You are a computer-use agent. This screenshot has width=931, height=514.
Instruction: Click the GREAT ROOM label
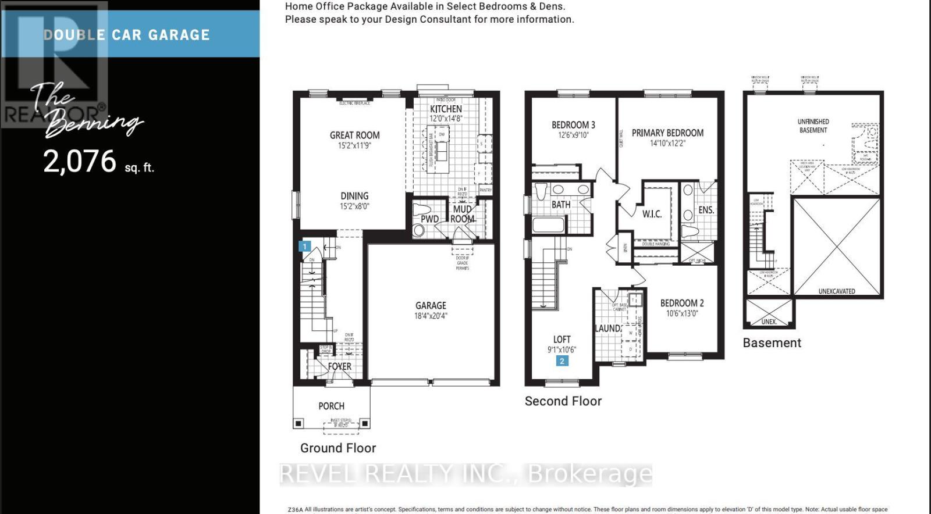coord(354,135)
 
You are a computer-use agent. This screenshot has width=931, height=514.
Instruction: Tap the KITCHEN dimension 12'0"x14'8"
coord(446,119)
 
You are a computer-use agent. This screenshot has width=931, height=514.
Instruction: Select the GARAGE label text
coord(431,305)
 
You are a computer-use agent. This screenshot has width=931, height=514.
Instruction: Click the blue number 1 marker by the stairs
coord(304,246)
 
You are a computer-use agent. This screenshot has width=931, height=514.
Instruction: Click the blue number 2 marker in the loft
coord(562,361)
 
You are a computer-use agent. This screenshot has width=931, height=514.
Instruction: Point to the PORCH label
coord(331,406)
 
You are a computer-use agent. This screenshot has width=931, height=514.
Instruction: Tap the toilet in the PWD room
coord(419,230)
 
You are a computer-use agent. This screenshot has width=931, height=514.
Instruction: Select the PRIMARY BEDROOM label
coord(667,133)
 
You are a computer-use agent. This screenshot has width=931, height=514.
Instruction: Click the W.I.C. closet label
coord(652,214)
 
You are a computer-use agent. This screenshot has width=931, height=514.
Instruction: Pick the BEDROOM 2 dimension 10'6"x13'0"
coord(682,313)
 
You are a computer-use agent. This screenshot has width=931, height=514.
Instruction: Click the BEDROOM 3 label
coord(573,124)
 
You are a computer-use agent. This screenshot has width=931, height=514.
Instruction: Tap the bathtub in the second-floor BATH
coord(548,224)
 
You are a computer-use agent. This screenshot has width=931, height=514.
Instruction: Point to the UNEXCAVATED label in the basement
coord(836,291)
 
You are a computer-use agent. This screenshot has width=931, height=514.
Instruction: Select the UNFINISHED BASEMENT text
coord(813,126)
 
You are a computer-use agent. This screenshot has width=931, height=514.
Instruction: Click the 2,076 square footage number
coord(80,161)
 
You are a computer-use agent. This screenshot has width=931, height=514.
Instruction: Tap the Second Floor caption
coord(563,401)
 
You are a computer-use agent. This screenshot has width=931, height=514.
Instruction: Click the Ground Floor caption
coord(337,448)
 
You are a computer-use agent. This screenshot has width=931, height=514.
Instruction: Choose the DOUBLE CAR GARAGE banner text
coord(126,35)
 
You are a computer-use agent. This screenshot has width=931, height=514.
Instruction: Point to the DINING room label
coord(354,196)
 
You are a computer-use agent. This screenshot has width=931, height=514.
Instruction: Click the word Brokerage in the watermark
coord(589,474)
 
